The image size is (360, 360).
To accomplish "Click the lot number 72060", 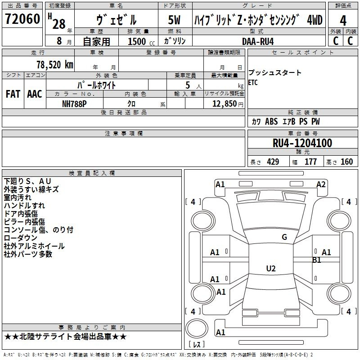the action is click(22, 19).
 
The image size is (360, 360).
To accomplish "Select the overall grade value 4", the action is click(343, 21).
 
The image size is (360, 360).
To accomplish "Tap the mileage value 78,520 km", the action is click(55, 65).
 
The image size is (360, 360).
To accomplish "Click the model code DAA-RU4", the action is click(258, 41).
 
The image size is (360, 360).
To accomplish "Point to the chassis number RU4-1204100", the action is click(302, 143).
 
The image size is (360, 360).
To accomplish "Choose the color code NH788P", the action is click(74, 104).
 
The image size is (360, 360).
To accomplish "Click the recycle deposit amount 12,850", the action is click(224, 104).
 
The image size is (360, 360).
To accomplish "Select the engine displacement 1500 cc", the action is click(141, 41).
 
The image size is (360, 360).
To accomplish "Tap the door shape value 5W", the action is click(174, 20).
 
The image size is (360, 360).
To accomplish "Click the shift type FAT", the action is click(13, 94).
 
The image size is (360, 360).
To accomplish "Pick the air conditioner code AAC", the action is click(35, 94).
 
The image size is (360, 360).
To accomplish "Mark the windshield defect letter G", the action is click(284, 237).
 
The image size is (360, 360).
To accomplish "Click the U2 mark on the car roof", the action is click(271, 268).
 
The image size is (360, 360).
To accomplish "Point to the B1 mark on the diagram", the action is click(316, 260).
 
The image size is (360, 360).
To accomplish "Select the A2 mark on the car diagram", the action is click(321, 184).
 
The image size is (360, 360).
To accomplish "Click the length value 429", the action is click(273, 162).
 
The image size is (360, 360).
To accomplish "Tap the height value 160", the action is click(346, 162).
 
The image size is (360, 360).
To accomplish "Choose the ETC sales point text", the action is click(253, 82).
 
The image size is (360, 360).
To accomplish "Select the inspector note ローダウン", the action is click(20, 238).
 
